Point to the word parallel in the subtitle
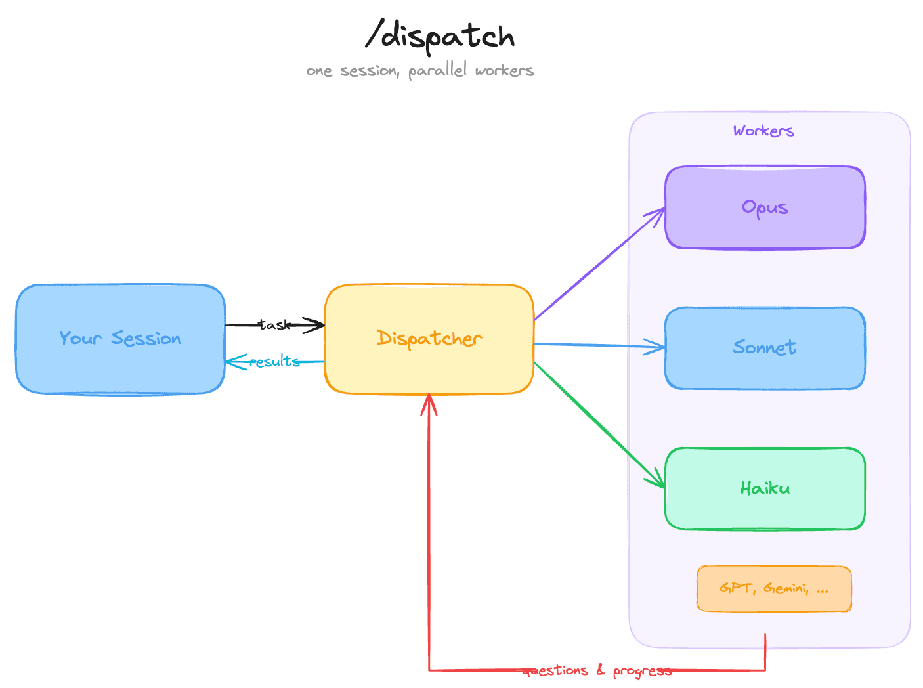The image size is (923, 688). pyautogui.click(x=437, y=71)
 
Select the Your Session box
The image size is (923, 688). pyautogui.click(x=120, y=339)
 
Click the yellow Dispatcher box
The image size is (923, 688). pyautogui.click(x=429, y=339)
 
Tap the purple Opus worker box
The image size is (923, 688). pyautogui.click(x=765, y=207)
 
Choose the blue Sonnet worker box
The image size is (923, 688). pyautogui.click(x=765, y=348)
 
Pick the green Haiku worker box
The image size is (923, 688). pyautogui.click(x=765, y=488)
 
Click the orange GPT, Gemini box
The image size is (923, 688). pyautogui.click(x=774, y=588)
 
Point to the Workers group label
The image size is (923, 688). pyautogui.click(x=763, y=131)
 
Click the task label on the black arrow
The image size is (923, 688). pyautogui.click(x=274, y=324)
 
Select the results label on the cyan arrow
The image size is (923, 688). pyautogui.click(x=274, y=361)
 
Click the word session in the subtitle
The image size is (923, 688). pyautogui.click(x=370, y=71)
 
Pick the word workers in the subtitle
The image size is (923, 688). pyautogui.click(x=504, y=71)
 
